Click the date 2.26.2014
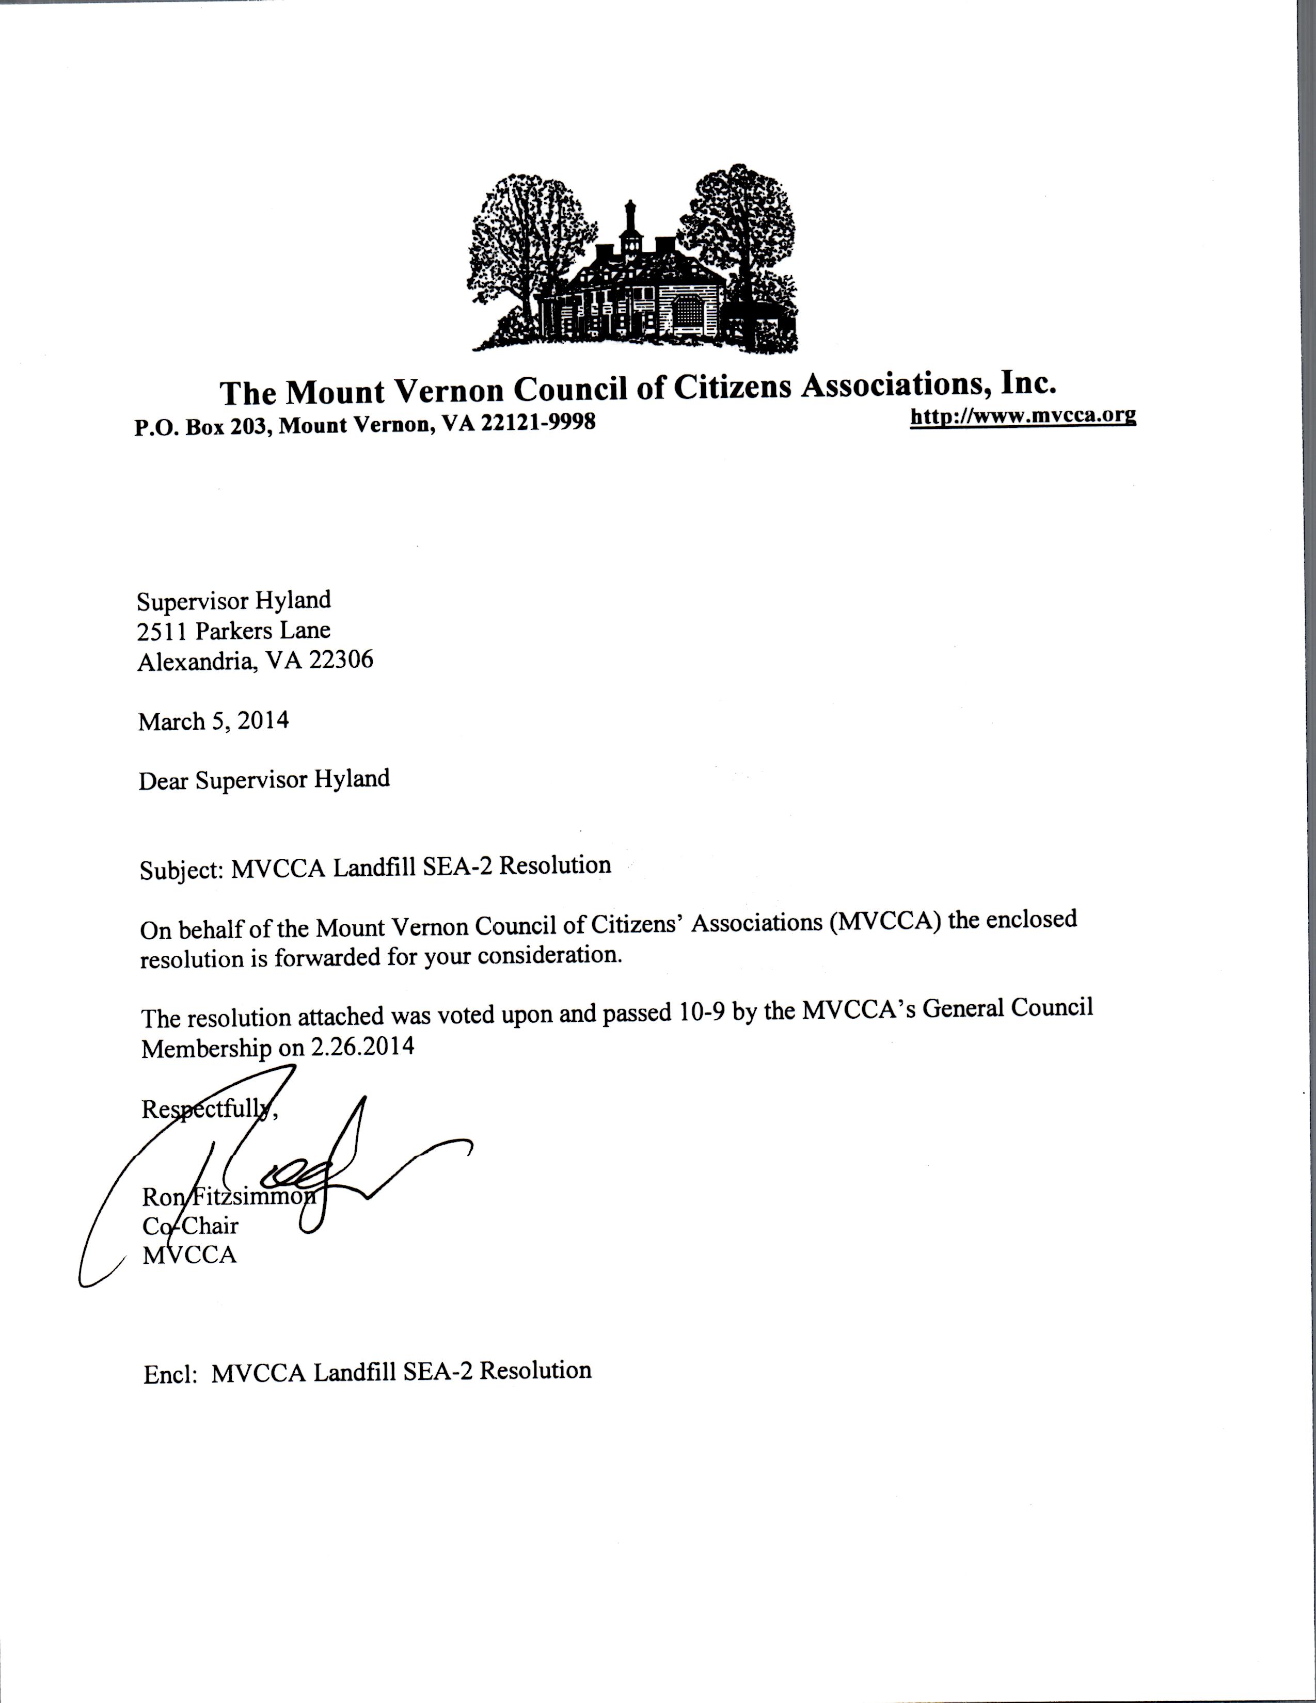point(362,1047)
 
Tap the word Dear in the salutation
point(163,780)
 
